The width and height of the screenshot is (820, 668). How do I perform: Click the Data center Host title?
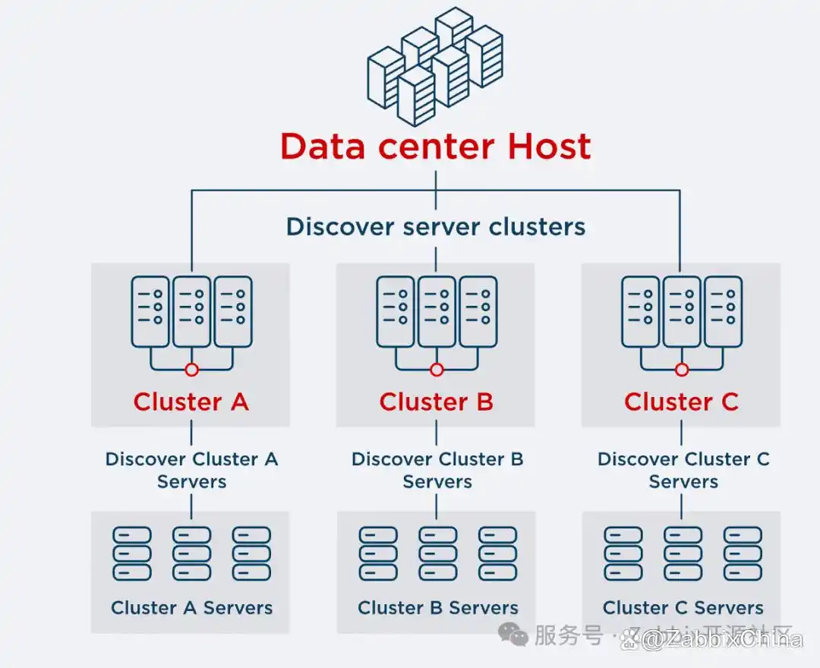(435, 146)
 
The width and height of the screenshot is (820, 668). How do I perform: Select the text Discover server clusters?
(435, 226)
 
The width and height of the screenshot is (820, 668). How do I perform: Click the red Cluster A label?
(191, 402)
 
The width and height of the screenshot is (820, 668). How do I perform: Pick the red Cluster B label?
(436, 402)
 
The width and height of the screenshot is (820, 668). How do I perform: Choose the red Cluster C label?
(681, 402)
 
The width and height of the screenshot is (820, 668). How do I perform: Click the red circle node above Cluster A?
(191, 370)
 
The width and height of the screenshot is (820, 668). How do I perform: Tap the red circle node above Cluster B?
(437, 370)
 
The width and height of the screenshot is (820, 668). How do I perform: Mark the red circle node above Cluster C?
(682, 370)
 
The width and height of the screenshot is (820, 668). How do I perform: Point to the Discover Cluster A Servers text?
(191, 470)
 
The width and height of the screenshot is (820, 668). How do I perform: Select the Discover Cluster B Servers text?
(437, 470)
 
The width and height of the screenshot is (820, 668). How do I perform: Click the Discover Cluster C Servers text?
(683, 470)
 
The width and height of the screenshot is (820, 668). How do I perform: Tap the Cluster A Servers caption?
(191, 607)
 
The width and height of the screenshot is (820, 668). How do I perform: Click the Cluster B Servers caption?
(437, 607)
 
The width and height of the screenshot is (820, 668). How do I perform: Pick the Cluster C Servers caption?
(683, 607)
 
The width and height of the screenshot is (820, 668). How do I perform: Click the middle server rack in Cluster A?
(191, 311)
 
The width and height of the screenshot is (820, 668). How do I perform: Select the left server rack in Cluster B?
(396, 311)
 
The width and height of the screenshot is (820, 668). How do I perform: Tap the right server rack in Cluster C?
(723, 311)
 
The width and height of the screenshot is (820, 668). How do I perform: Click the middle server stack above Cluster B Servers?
(437, 553)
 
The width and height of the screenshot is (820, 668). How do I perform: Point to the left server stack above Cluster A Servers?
(132, 553)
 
